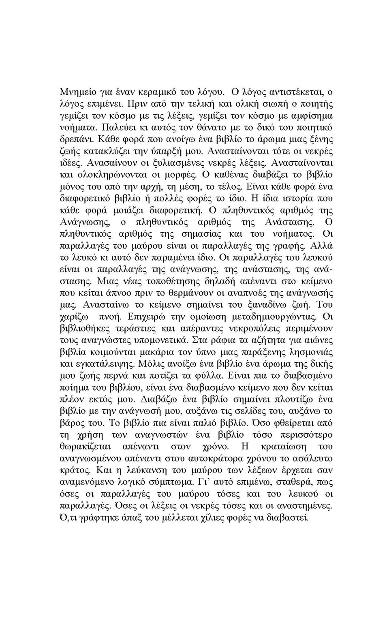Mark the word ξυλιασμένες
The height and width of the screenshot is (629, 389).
click(174, 163)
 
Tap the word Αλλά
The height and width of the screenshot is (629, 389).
click(322, 246)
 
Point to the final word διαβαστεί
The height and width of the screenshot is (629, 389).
click(289, 518)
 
